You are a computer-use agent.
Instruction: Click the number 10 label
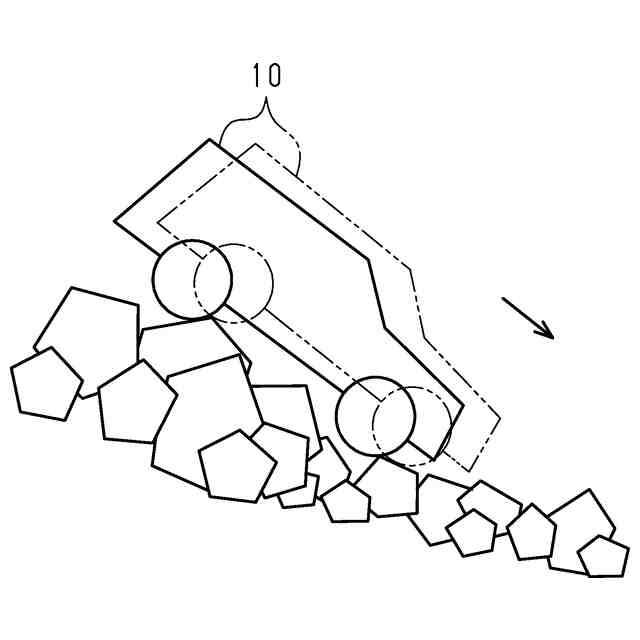(266, 77)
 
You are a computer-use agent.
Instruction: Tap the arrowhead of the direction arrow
(548, 333)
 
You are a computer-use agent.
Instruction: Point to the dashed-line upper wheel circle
(250, 280)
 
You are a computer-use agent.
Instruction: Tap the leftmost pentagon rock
(44, 384)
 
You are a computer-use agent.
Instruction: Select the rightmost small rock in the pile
(604, 557)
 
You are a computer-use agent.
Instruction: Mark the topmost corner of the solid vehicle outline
(210, 139)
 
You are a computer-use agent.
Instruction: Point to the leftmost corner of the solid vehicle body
(115, 221)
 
